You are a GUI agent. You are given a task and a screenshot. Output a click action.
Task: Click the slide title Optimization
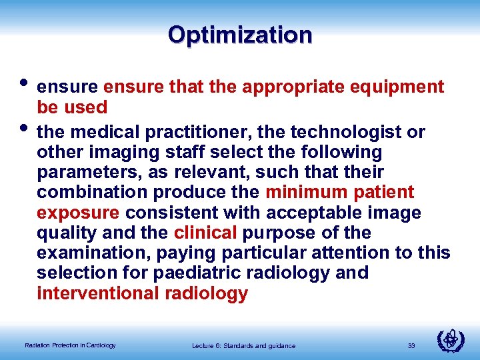[x=240, y=35]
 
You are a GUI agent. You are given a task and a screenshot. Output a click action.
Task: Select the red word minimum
[x=306, y=193]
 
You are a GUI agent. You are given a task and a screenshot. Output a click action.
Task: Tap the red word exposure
[x=78, y=213]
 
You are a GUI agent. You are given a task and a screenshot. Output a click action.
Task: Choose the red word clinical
[x=205, y=233]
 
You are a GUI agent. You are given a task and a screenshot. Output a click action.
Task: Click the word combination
[x=92, y=193]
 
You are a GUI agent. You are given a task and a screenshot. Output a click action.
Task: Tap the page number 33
[x=411, y=345]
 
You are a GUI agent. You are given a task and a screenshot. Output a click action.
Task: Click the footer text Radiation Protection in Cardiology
[x=70, y=345]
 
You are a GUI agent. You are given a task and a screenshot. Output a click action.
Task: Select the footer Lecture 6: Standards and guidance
[x=243, y=345]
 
